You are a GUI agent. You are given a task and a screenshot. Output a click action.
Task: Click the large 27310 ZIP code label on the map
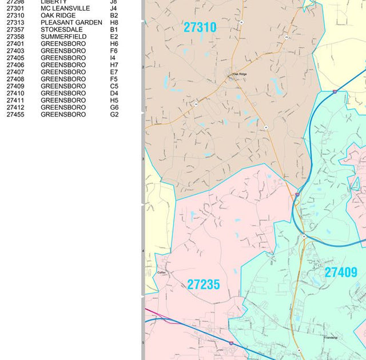pyautogui.click(x=200, y=27)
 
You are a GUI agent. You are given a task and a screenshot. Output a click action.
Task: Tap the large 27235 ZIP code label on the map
pyautogui.click(x=204, y=285)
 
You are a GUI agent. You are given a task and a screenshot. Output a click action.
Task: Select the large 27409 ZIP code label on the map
pyautogui.click(x=341, y=273)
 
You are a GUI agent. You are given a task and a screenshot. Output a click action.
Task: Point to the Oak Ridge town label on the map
pyautogui.click(x=240, y=74)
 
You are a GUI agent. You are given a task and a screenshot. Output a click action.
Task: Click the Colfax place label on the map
pyautogui.click(x=161, y=273)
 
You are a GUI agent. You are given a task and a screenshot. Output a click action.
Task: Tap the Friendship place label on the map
pyautogui.click(x=331, y=338)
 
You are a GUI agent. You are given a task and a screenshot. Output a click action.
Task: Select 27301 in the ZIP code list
pyautogui.click(x=15, y=9)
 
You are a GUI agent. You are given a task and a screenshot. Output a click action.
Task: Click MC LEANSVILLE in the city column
pyautogui.click(x=65, y=9)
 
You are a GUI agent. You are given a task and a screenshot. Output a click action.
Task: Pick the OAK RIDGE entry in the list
pyautogui.click(x=58, y=15)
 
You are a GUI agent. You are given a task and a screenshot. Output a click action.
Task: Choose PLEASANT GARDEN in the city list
pyautogui.click(x=71, y=23)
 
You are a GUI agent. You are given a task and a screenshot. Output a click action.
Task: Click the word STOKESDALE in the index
pyautogui.click(x=61, y=30)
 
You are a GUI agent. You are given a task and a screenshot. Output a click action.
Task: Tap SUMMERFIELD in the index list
pyautogui.click(x=63, y=37)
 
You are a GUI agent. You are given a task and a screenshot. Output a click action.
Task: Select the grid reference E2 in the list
pyautogui.click(x=114, y=37)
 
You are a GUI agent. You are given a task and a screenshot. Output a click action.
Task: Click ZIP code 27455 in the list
pyautogui.click(x=15, y=114)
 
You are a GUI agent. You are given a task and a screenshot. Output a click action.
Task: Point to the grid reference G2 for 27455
pyautogui.click(x=114, y=114)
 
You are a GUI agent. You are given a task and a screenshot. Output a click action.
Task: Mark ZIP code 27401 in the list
pyautogui.click(x=15, y=44)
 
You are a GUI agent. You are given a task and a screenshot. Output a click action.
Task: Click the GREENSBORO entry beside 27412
pyautogui.click(x=63, y=107)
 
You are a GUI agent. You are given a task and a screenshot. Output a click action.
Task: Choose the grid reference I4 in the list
pyautogui.click(x=113, y=58)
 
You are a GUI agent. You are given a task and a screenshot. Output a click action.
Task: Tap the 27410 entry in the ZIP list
pyautogui.click(x=15, y=93)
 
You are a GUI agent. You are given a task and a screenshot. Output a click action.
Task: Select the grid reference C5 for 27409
pyautogui.click(x=114, y=86)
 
